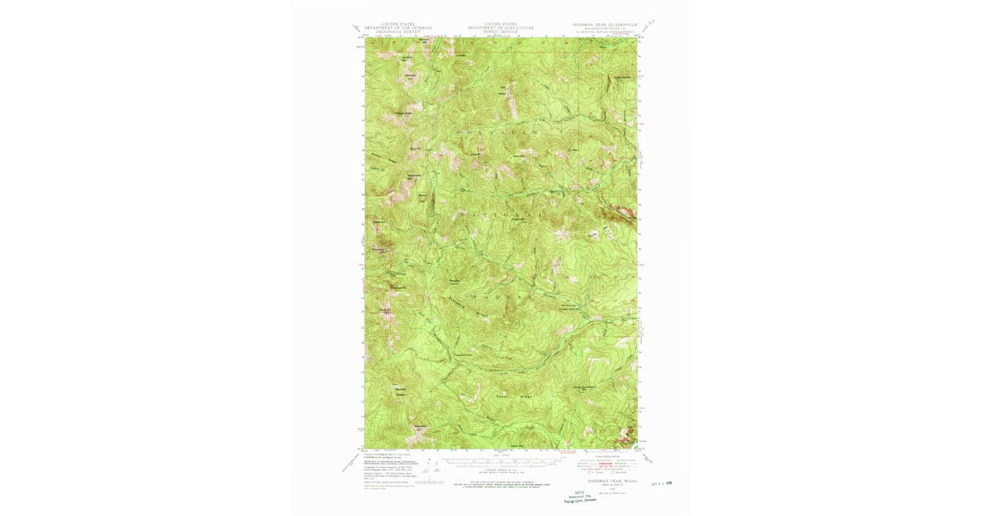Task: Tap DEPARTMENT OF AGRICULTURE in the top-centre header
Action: pos(500,28)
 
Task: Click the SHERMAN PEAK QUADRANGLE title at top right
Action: pos(602,24)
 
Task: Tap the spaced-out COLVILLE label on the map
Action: pos(502,133)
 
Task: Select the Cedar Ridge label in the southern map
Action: pos(509,395)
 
